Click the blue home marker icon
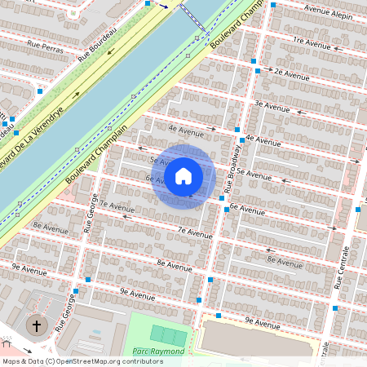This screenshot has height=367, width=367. tap(183, 176)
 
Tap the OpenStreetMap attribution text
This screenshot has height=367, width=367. tap(82, 361)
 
